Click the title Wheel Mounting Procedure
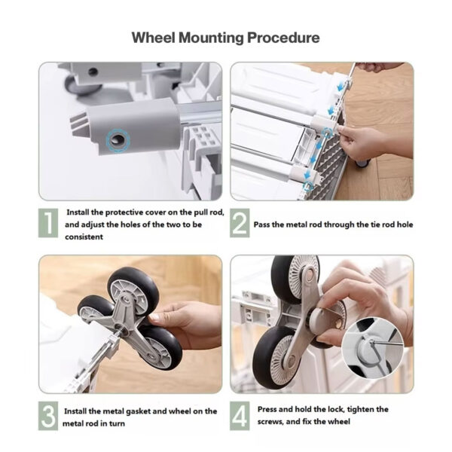pyautogui.click(x=225, y=38)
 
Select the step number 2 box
pyautogui.click(x=239, y=223)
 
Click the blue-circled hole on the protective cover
pyautogui.click(x=117, y=138)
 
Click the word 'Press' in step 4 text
pyautogui.click(x=269, y=409)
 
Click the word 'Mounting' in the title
pyautogui.click(x=209, y=38)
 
